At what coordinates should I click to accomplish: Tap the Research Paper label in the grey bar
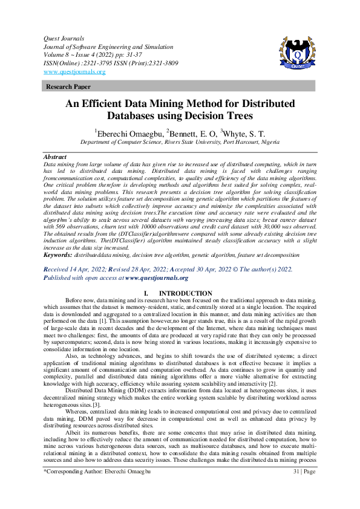point(68,87)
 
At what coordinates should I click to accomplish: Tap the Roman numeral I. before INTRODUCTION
point(146,293)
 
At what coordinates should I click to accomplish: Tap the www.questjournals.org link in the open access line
point(157,278)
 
